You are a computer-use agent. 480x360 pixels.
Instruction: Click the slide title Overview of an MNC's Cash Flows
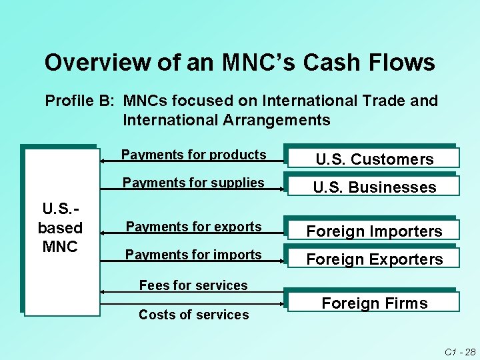click(239, 63)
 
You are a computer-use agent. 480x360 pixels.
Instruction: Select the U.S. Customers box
click(374, 159)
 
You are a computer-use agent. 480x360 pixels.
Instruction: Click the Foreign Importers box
click(374, 231)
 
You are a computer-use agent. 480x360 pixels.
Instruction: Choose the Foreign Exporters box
click(374, 259)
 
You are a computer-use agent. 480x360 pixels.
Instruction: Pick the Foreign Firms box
click(374, 303)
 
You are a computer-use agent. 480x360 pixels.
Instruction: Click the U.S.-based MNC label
click(60, 227)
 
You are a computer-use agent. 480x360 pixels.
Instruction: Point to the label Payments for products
click(193, 155)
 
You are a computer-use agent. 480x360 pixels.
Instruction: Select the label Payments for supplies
click(193, 183)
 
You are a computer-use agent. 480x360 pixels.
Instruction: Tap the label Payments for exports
click(193, 227)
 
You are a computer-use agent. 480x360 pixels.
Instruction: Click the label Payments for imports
click(193, 255)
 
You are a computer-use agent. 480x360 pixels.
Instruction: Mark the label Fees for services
click(193, 285)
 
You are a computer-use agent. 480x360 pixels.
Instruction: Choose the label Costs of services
click(193, 315)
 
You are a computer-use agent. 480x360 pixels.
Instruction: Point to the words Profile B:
click(80, 101)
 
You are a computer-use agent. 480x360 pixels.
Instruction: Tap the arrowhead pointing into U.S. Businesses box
click(282, 189)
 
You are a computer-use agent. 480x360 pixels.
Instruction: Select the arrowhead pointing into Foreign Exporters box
click(282, 261)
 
